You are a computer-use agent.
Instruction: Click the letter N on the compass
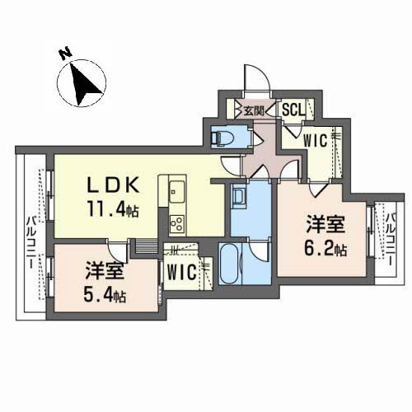coord(63,54)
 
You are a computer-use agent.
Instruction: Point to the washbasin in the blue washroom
coord(239,199)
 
